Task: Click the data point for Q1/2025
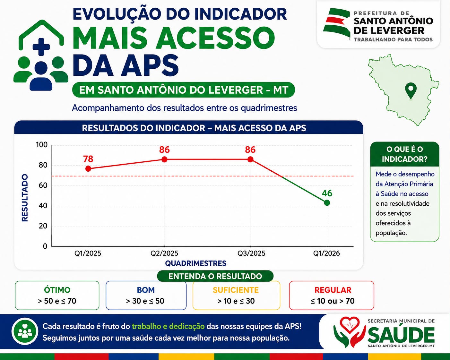tap(88, 168)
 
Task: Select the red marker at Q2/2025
tap(164, 159)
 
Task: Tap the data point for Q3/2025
tap(250, 159)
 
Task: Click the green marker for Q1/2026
tap(327, 203)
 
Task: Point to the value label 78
tap(88, 159)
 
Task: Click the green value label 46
tap(327, 193)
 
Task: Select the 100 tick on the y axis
tap(42, 145)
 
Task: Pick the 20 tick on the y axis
tap(43, 226)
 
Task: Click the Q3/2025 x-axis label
tap(251, 253)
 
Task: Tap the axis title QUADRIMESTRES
tap(195, 263)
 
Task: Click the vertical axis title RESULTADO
tap(25, 198)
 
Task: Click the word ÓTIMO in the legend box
tap(57, 290)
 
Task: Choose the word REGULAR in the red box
tap(333, 290)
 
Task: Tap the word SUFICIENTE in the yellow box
tap(236, 290)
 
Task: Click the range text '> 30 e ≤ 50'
tap(145, 301)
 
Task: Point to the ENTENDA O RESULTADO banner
tap(215, 276)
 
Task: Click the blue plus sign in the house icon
tap(41, 47)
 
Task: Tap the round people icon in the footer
tap(25, 331)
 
